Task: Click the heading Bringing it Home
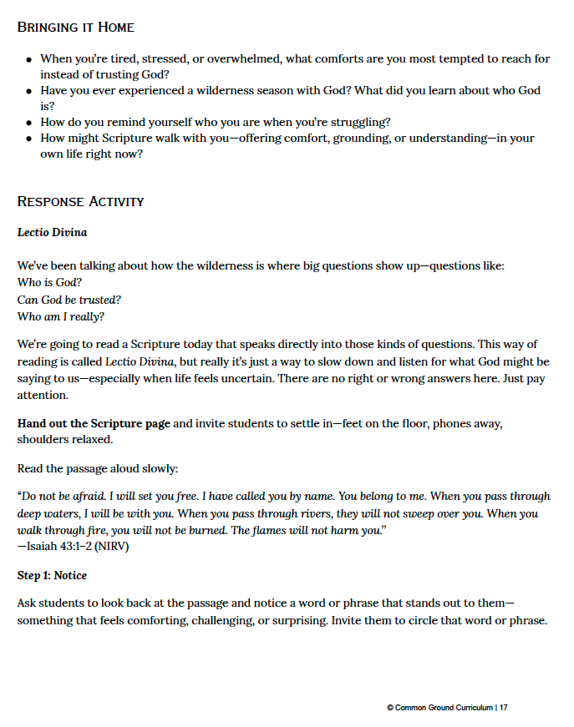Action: pos(75,27)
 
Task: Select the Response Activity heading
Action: pos(80,201)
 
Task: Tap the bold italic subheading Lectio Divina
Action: pos(52,232)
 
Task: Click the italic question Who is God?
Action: pos(49,282)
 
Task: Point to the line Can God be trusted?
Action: pos(69,299)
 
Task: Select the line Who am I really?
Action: pos(61,316)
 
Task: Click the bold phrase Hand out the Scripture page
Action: pos(94,423)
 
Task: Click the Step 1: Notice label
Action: pos(52,575)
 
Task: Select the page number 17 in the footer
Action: pos(504,708)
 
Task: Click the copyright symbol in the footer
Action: pos(390,708)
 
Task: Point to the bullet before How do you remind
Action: pos(29,123)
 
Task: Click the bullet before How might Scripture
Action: pos(29,139)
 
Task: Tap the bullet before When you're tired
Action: pos(29,59)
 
